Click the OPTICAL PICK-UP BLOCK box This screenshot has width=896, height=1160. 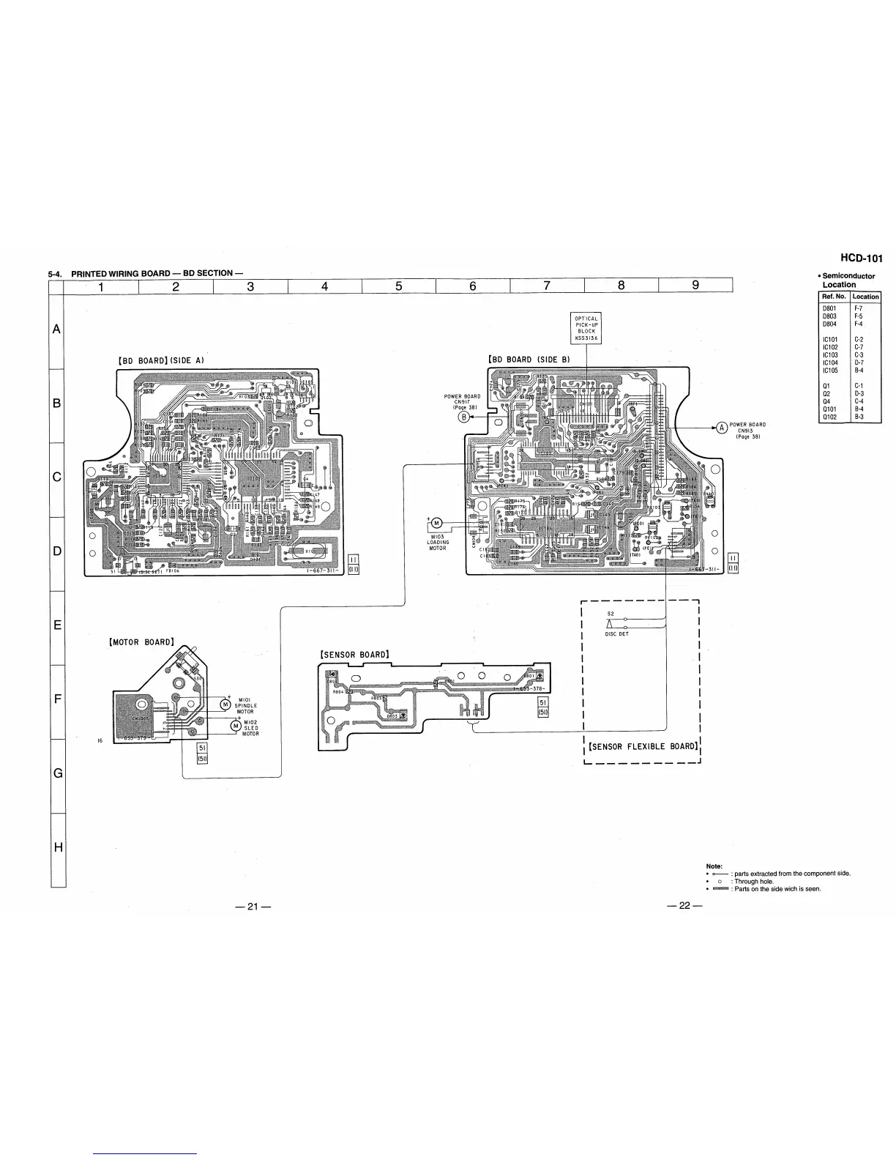[586, 328]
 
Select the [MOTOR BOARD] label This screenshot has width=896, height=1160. [141, 642]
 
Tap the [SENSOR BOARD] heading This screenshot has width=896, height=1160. [354, 654]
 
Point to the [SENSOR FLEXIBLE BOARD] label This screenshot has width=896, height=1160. [643, 746]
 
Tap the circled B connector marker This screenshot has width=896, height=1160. [463, 417]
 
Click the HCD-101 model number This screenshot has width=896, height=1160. [862, 258]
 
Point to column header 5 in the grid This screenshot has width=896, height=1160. [399, 286]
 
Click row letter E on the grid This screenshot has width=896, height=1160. [57, 626]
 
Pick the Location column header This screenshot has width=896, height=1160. [865, 297]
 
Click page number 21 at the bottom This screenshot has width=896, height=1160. [253, 907]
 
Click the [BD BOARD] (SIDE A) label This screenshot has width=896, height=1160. [160, 360]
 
